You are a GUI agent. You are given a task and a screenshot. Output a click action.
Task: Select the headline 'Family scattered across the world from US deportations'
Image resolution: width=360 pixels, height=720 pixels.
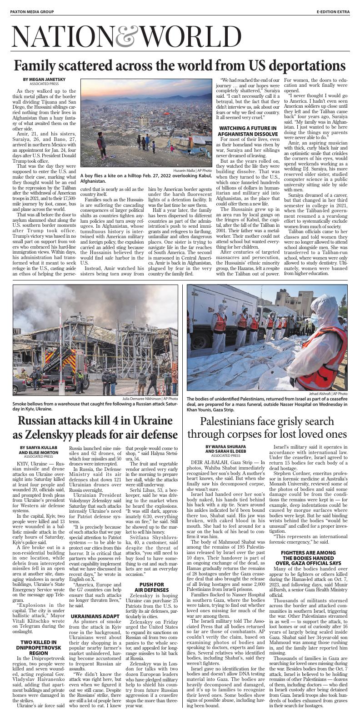click(x=180, y=65)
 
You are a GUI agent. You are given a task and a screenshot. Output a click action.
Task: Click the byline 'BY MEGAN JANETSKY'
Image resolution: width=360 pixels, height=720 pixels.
click(x=40, y=80)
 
